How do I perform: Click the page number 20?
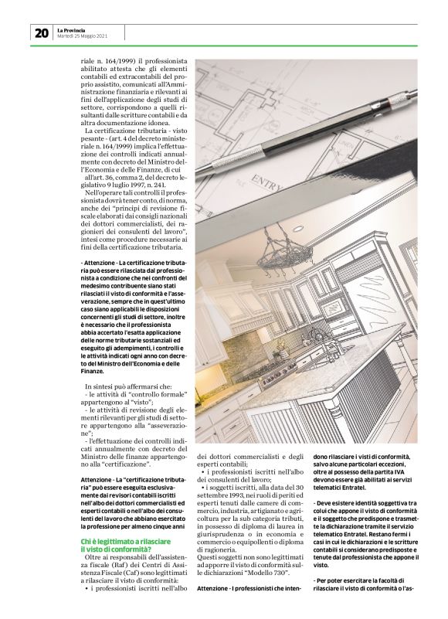41,32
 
